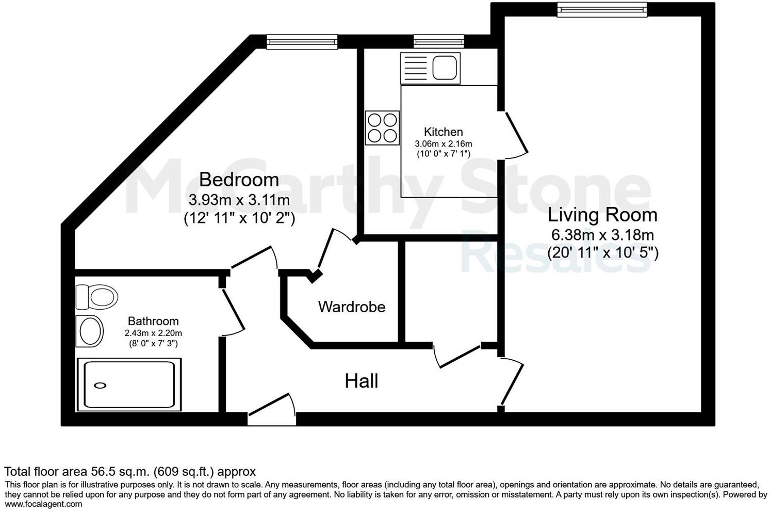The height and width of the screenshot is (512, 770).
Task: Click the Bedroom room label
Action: tap(239, 180)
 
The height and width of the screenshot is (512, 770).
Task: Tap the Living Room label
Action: tap(602, 215)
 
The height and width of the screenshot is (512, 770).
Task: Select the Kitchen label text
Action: tap(443, 132)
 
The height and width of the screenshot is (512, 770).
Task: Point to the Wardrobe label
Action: tap(352, 307)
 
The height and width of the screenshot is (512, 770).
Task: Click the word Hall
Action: tap(361, 381)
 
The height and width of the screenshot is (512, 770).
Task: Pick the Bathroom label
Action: tap(153, 321)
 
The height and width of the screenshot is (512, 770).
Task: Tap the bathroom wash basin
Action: tap(90, 330)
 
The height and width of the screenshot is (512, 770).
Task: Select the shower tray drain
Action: tap(101, 385)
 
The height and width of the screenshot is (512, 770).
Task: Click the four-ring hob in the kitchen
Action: tap(382, 127)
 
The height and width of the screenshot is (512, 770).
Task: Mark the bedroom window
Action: tap(302, 42)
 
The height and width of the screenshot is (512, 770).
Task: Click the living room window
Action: tap(601, 9)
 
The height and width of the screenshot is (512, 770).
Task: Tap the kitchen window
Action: tap(438, 42)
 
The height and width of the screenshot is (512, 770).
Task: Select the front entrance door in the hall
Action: tap(272, 408)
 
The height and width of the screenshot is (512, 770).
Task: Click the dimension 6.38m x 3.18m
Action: tap(602, 235)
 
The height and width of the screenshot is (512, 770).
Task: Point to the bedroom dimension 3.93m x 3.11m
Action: tap(239, 200)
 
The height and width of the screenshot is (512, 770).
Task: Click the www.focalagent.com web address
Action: tap(44, 504)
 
